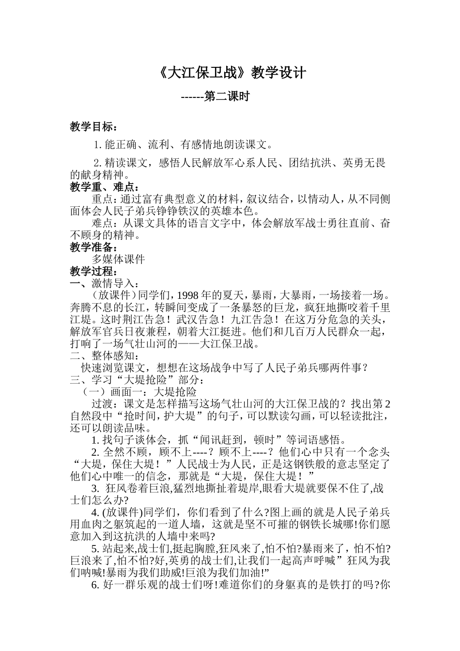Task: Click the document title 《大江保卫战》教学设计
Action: pyautogui.click(x=232, y=73)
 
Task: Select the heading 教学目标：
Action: pyautogui.click(x=93, y=127)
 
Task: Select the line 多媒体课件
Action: pyautogui.click(x=118, y=259)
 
